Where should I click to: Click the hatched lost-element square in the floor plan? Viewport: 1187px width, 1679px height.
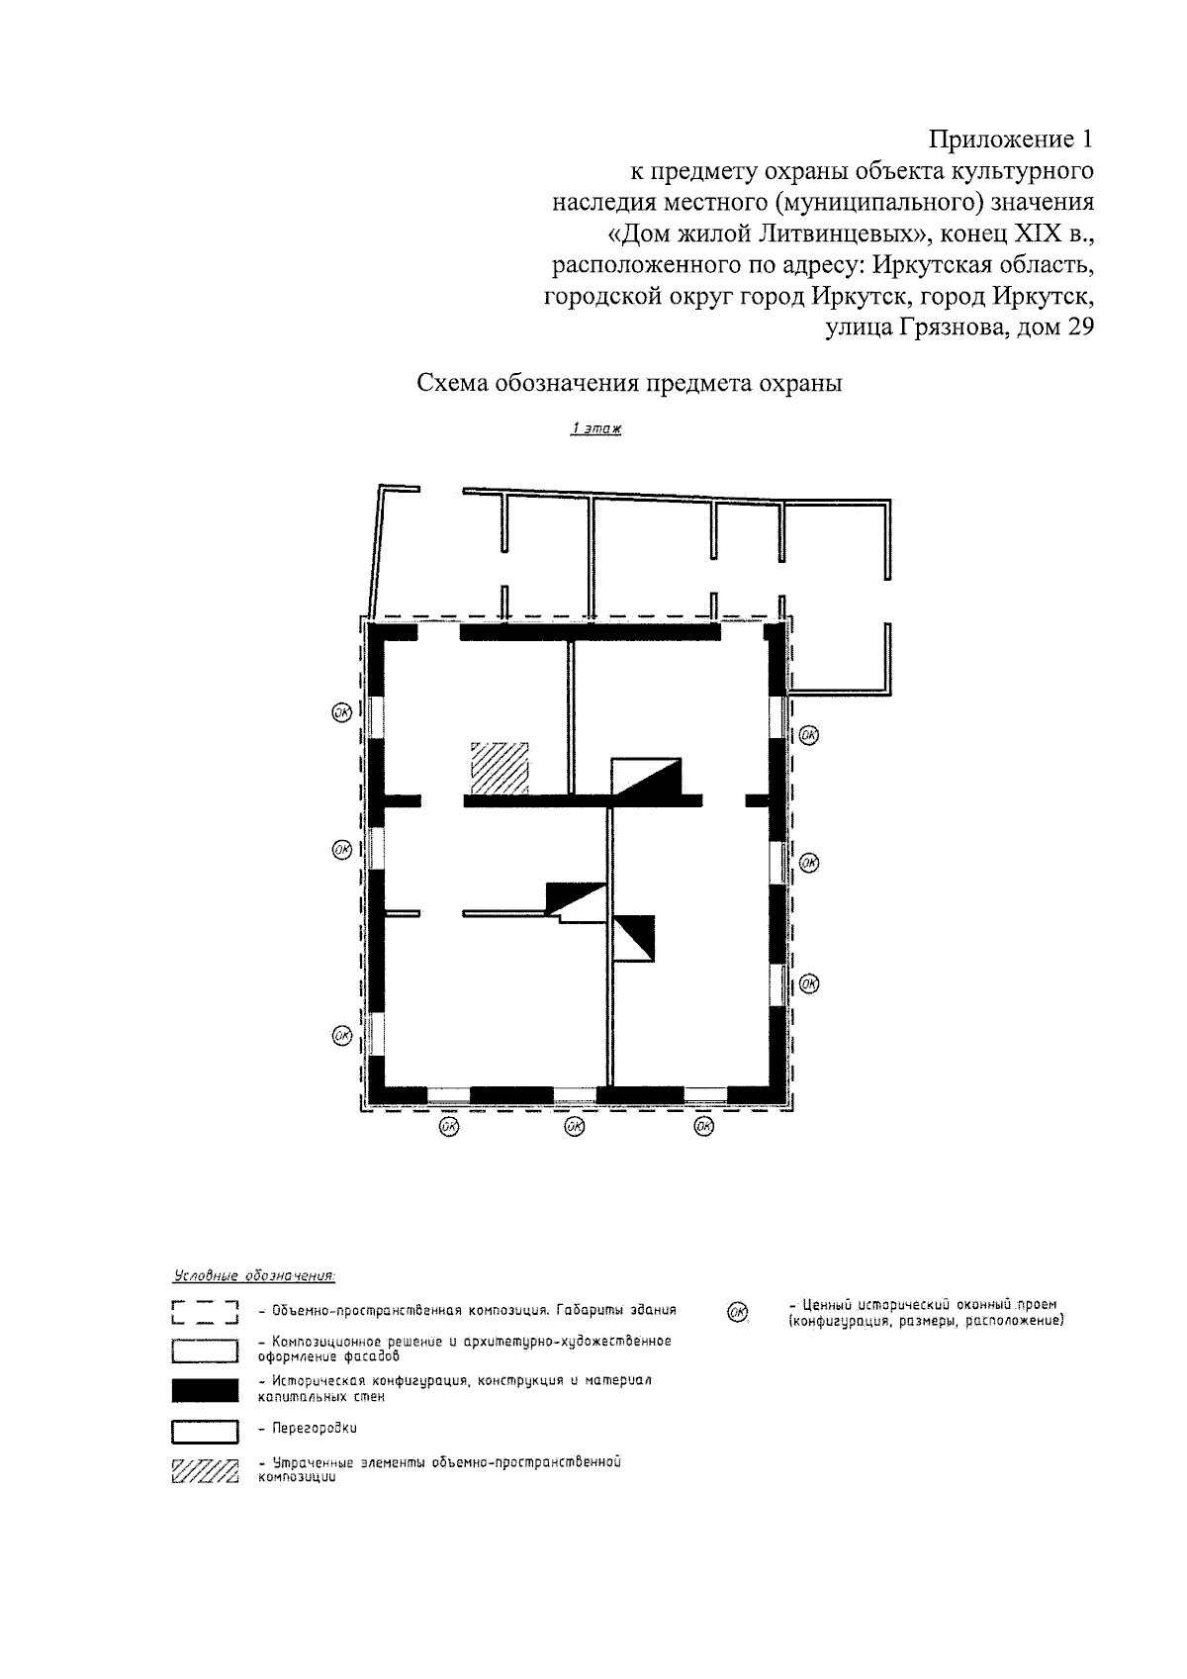(500, 768)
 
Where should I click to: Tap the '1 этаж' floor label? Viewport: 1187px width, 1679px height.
(595, 428)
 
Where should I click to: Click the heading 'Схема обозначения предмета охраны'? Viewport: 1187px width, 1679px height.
(629, 383)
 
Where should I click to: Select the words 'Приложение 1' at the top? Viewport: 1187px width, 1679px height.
(1011, 140)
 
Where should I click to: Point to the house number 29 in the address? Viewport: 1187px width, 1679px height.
(1079, 327)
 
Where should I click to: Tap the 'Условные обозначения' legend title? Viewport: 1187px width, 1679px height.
(254, 1275)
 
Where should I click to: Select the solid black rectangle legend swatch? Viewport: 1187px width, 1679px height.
(205, 1390)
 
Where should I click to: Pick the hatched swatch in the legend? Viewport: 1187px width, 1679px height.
(205, 1470)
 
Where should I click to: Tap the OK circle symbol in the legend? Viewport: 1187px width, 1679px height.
(737, 1312)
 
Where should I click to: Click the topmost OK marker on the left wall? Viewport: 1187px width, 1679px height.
(341, 712)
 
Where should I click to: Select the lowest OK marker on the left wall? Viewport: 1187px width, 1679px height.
(341, 1036)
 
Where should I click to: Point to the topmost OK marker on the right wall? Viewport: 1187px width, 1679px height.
(808, 735)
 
